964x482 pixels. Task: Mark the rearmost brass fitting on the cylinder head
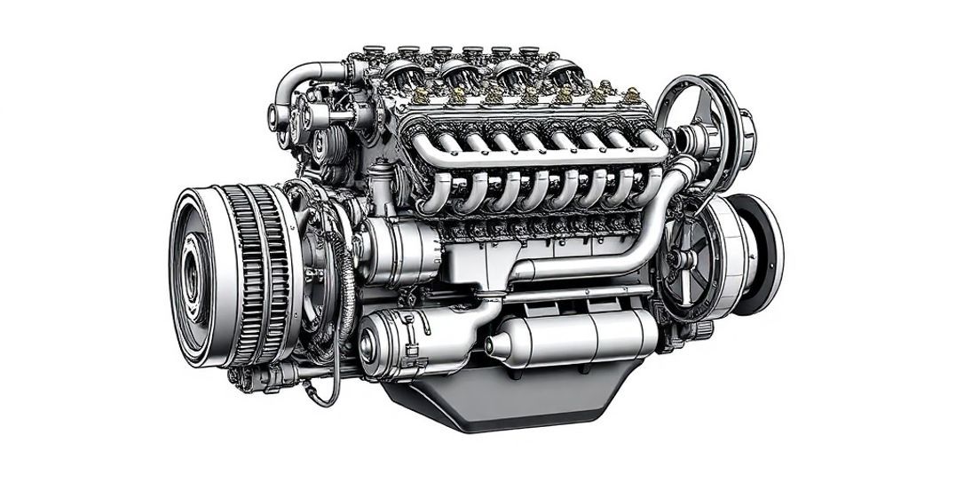tap(632, 96)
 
